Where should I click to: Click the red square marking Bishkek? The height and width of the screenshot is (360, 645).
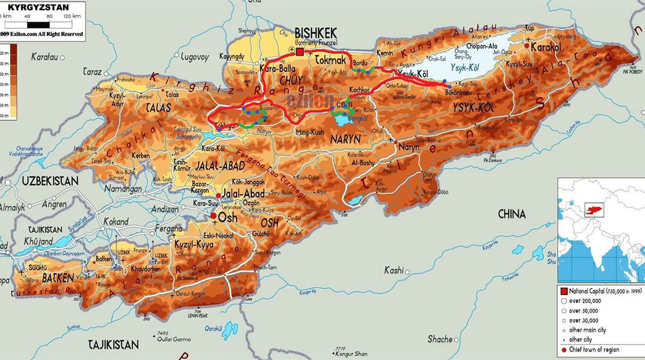pyautogui.click(x=300, y=53)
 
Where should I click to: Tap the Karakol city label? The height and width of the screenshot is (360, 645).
pyautogui.click(x=545, y=46)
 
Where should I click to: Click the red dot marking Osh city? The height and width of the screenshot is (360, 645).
pyautogui.click(x=214, y=217)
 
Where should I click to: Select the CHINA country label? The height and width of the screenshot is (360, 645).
pyautogui.click(x=512, y=214)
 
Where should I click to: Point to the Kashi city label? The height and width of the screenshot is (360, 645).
pyautogui.click(x=394, y=270)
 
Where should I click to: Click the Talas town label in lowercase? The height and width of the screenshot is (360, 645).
pyautogui.click(x=172, y=94)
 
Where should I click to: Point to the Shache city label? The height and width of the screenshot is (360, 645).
pyautogui.click(x=440, y=339)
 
